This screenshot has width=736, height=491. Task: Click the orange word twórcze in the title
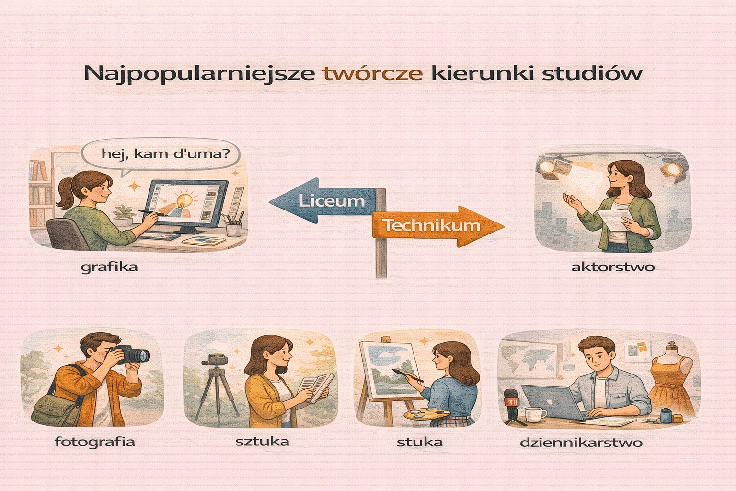[373, 73]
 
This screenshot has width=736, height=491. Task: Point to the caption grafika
[109, 267]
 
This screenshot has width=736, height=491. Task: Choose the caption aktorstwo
[613, 267]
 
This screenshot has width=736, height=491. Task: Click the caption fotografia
[95, 441]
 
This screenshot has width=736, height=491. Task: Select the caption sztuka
[262, 441]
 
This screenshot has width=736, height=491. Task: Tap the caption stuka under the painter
[419, 442]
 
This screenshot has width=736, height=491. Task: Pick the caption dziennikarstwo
[581, 442]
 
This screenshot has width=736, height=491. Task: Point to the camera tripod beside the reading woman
[218, 388]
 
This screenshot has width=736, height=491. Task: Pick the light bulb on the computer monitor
[184, 199]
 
